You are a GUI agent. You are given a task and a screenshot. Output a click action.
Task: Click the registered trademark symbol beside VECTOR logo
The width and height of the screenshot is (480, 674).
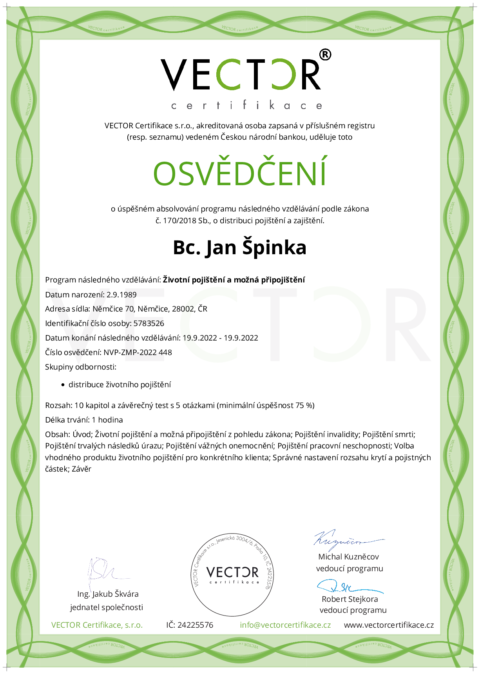(325, 55)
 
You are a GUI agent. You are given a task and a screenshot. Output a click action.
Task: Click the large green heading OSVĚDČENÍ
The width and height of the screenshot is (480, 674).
(240, 173)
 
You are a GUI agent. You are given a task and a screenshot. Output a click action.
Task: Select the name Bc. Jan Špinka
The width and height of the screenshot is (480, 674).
(240, 248)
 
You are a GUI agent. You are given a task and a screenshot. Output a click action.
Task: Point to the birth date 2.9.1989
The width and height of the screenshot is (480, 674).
(121, 295)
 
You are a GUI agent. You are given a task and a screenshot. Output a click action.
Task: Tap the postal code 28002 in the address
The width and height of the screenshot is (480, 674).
(183, 309)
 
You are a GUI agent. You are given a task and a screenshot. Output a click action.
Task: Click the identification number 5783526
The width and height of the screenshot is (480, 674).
(149, 324)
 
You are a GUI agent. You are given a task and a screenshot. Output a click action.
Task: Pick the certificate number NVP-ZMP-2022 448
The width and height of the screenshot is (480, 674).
(138, 353)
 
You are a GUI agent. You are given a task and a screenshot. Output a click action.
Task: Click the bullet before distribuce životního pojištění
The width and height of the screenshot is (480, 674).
(63, 385)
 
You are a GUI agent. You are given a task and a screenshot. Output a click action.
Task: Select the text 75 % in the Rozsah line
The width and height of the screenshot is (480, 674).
(305, 406)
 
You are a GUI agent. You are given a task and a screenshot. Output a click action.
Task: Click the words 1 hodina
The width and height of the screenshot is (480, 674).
(107, 420)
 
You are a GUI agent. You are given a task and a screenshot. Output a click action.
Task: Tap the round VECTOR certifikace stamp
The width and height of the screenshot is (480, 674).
(232, 574)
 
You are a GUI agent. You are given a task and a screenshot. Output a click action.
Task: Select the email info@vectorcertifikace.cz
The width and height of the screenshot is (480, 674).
(285, 625)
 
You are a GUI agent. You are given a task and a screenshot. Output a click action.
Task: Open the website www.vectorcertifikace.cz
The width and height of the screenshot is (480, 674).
(389, 625)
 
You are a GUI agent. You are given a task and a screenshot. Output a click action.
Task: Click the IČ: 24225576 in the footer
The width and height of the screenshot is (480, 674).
(190, 625)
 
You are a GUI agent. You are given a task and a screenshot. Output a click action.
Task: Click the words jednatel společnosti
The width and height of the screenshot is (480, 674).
(107, 608)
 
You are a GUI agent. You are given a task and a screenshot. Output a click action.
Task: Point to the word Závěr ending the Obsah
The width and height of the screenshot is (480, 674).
(82, 469)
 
